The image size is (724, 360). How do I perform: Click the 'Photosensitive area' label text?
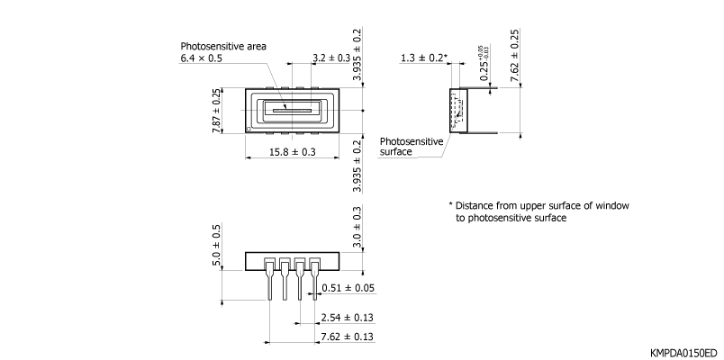[223, 46]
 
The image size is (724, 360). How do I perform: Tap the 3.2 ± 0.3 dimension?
[331, 58]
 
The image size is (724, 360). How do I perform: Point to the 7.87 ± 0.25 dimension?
[216, 111]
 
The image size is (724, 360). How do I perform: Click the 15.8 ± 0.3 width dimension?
[293, 152]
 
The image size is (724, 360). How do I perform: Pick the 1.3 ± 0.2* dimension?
[424, 58]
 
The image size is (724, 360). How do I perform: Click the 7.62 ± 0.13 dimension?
[347, 336]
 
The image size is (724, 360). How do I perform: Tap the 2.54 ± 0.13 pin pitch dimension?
[347, 317]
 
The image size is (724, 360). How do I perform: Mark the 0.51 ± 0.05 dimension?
[347, 288]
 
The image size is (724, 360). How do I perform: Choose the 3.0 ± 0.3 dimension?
[357, 226]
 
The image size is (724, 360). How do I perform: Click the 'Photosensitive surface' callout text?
[412, 147]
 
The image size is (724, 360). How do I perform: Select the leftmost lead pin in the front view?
[269, 283]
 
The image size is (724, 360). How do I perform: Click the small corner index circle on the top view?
[250, 129]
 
